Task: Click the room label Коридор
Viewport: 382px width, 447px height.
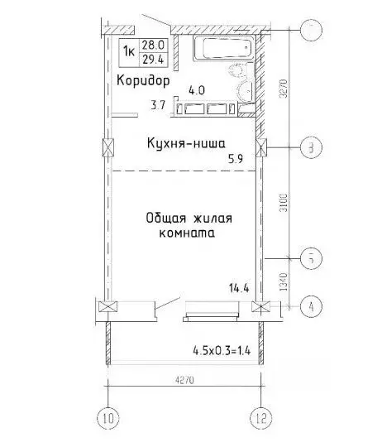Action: (143, 81)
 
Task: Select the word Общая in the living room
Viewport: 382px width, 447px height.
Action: (165, 219)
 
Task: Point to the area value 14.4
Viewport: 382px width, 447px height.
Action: (240, 289)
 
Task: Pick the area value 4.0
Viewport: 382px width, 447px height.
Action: (195, 89)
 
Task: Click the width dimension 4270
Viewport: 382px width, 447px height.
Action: (184, 380)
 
